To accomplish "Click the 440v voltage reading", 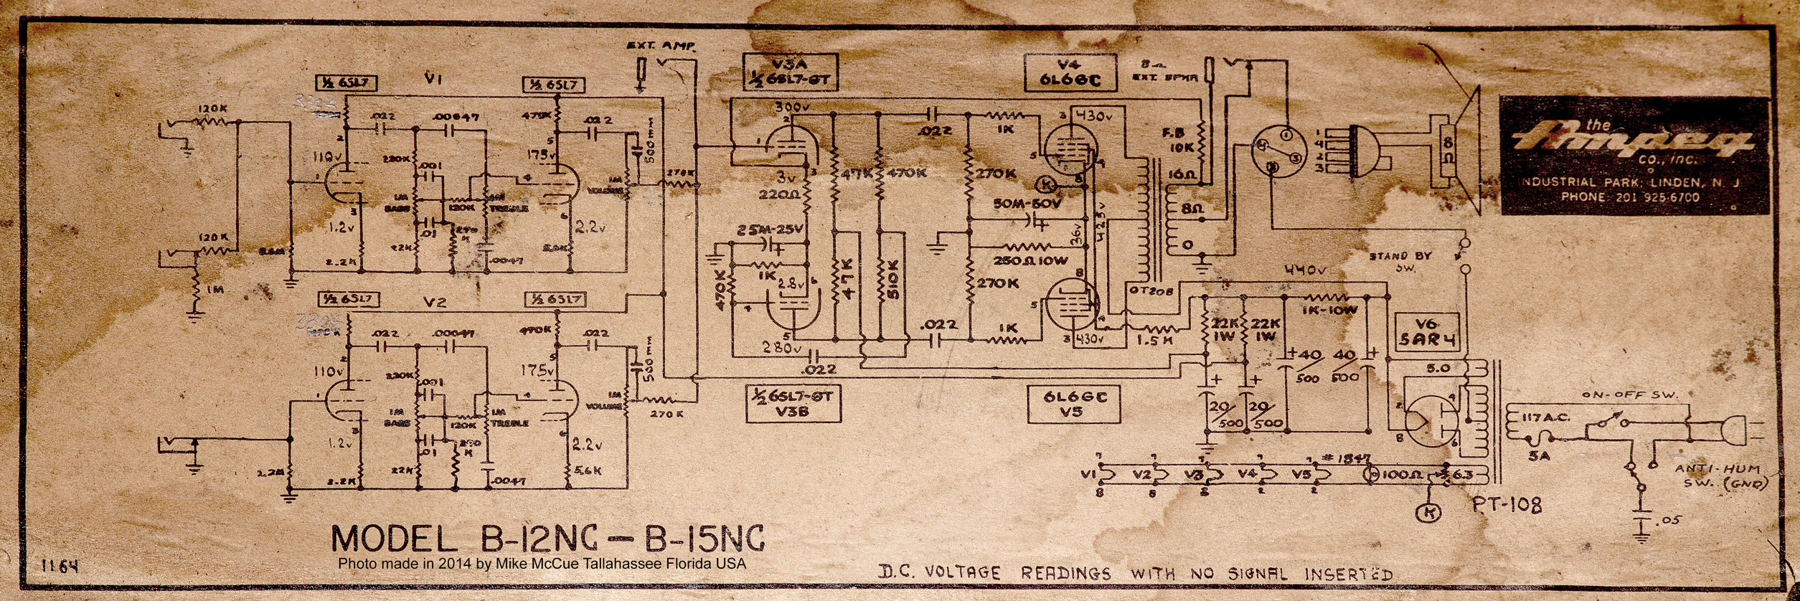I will pos(1305,270).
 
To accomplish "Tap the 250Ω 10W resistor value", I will pos(1030,260).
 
